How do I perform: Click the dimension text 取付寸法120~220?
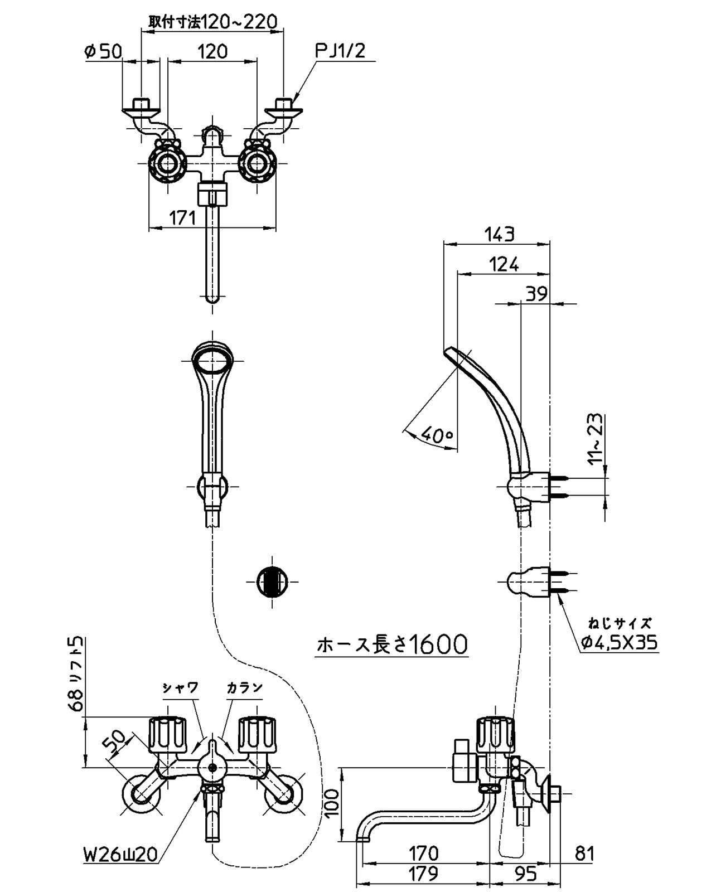pos(212,22)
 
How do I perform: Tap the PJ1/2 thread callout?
pos(340,51)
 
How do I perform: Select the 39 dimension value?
pos(536,294)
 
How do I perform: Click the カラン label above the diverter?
pos(244,687)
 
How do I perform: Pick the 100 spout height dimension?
pos(331,802)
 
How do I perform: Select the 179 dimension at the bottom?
pos(422,873)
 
